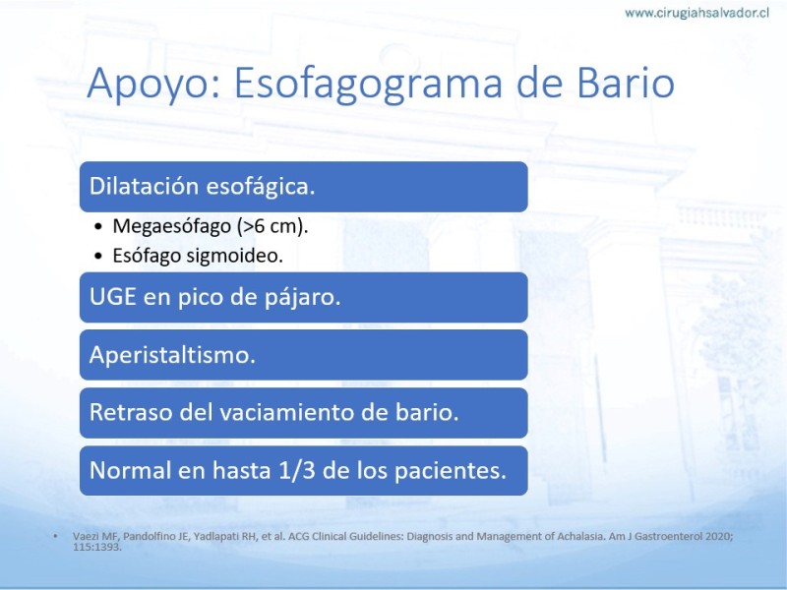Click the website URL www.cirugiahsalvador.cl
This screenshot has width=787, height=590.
click(x=696, y=13)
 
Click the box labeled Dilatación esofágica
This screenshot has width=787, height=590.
click(x=304, y=187)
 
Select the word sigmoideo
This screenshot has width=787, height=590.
click(x=234, y=256)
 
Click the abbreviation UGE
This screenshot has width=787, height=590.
click(x=113, y=297)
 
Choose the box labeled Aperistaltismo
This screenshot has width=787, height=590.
click(x=304, y=355)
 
